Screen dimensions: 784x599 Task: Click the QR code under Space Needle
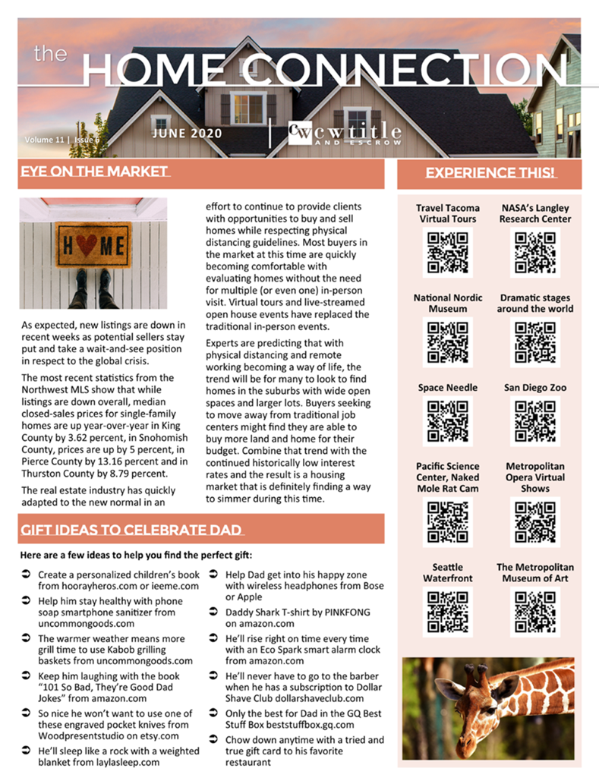point(447,420)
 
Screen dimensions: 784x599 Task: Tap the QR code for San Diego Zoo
point(534,420)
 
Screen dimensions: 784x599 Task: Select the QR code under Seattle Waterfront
point(447,611)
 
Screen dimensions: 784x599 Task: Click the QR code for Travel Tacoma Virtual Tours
point(447,251)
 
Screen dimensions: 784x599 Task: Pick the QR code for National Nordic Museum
point(447,342)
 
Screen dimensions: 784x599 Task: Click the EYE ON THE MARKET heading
point(93,172)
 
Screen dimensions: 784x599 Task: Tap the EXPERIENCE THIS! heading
point(490,173)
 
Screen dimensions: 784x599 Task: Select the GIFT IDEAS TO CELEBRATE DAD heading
point(131,529)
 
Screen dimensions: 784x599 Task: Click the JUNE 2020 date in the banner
point(187,134)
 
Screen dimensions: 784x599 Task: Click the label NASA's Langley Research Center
point(534,213)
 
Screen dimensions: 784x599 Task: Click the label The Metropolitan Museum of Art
point(534,572)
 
